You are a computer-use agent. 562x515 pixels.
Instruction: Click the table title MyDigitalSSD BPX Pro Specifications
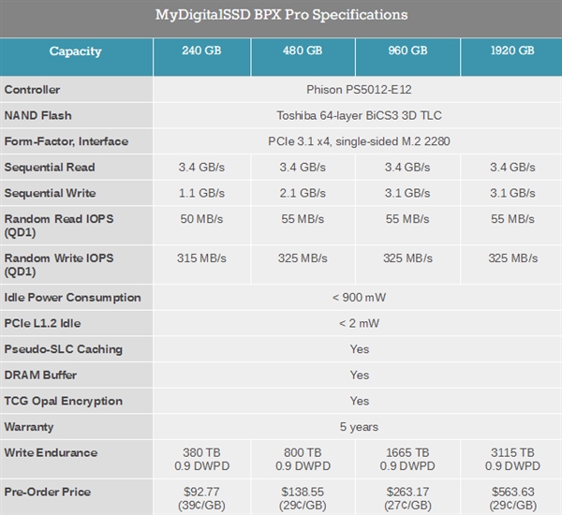[281, 16]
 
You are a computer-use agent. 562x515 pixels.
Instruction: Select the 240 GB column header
[201, 51]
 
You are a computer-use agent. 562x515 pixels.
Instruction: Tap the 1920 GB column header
[512, 51]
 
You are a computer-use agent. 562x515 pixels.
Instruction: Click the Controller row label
[33, 90]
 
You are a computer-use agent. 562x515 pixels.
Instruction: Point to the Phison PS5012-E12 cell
[359, 90]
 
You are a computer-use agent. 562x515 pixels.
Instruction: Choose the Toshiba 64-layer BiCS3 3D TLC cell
[359, 116]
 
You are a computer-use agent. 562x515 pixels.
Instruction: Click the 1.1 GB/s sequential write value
[201, 193]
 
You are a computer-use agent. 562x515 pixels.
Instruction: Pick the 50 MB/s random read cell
[201, 219]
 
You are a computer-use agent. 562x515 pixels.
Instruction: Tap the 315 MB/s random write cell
[201, 257]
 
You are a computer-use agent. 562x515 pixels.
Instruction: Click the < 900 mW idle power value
[359, 298]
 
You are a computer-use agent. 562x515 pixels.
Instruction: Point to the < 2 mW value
[359, 323]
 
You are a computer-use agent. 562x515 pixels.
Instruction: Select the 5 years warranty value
[359, 427]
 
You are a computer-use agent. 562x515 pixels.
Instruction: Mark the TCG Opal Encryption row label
[64, 401]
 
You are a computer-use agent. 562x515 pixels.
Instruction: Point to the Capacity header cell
[76, 51]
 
